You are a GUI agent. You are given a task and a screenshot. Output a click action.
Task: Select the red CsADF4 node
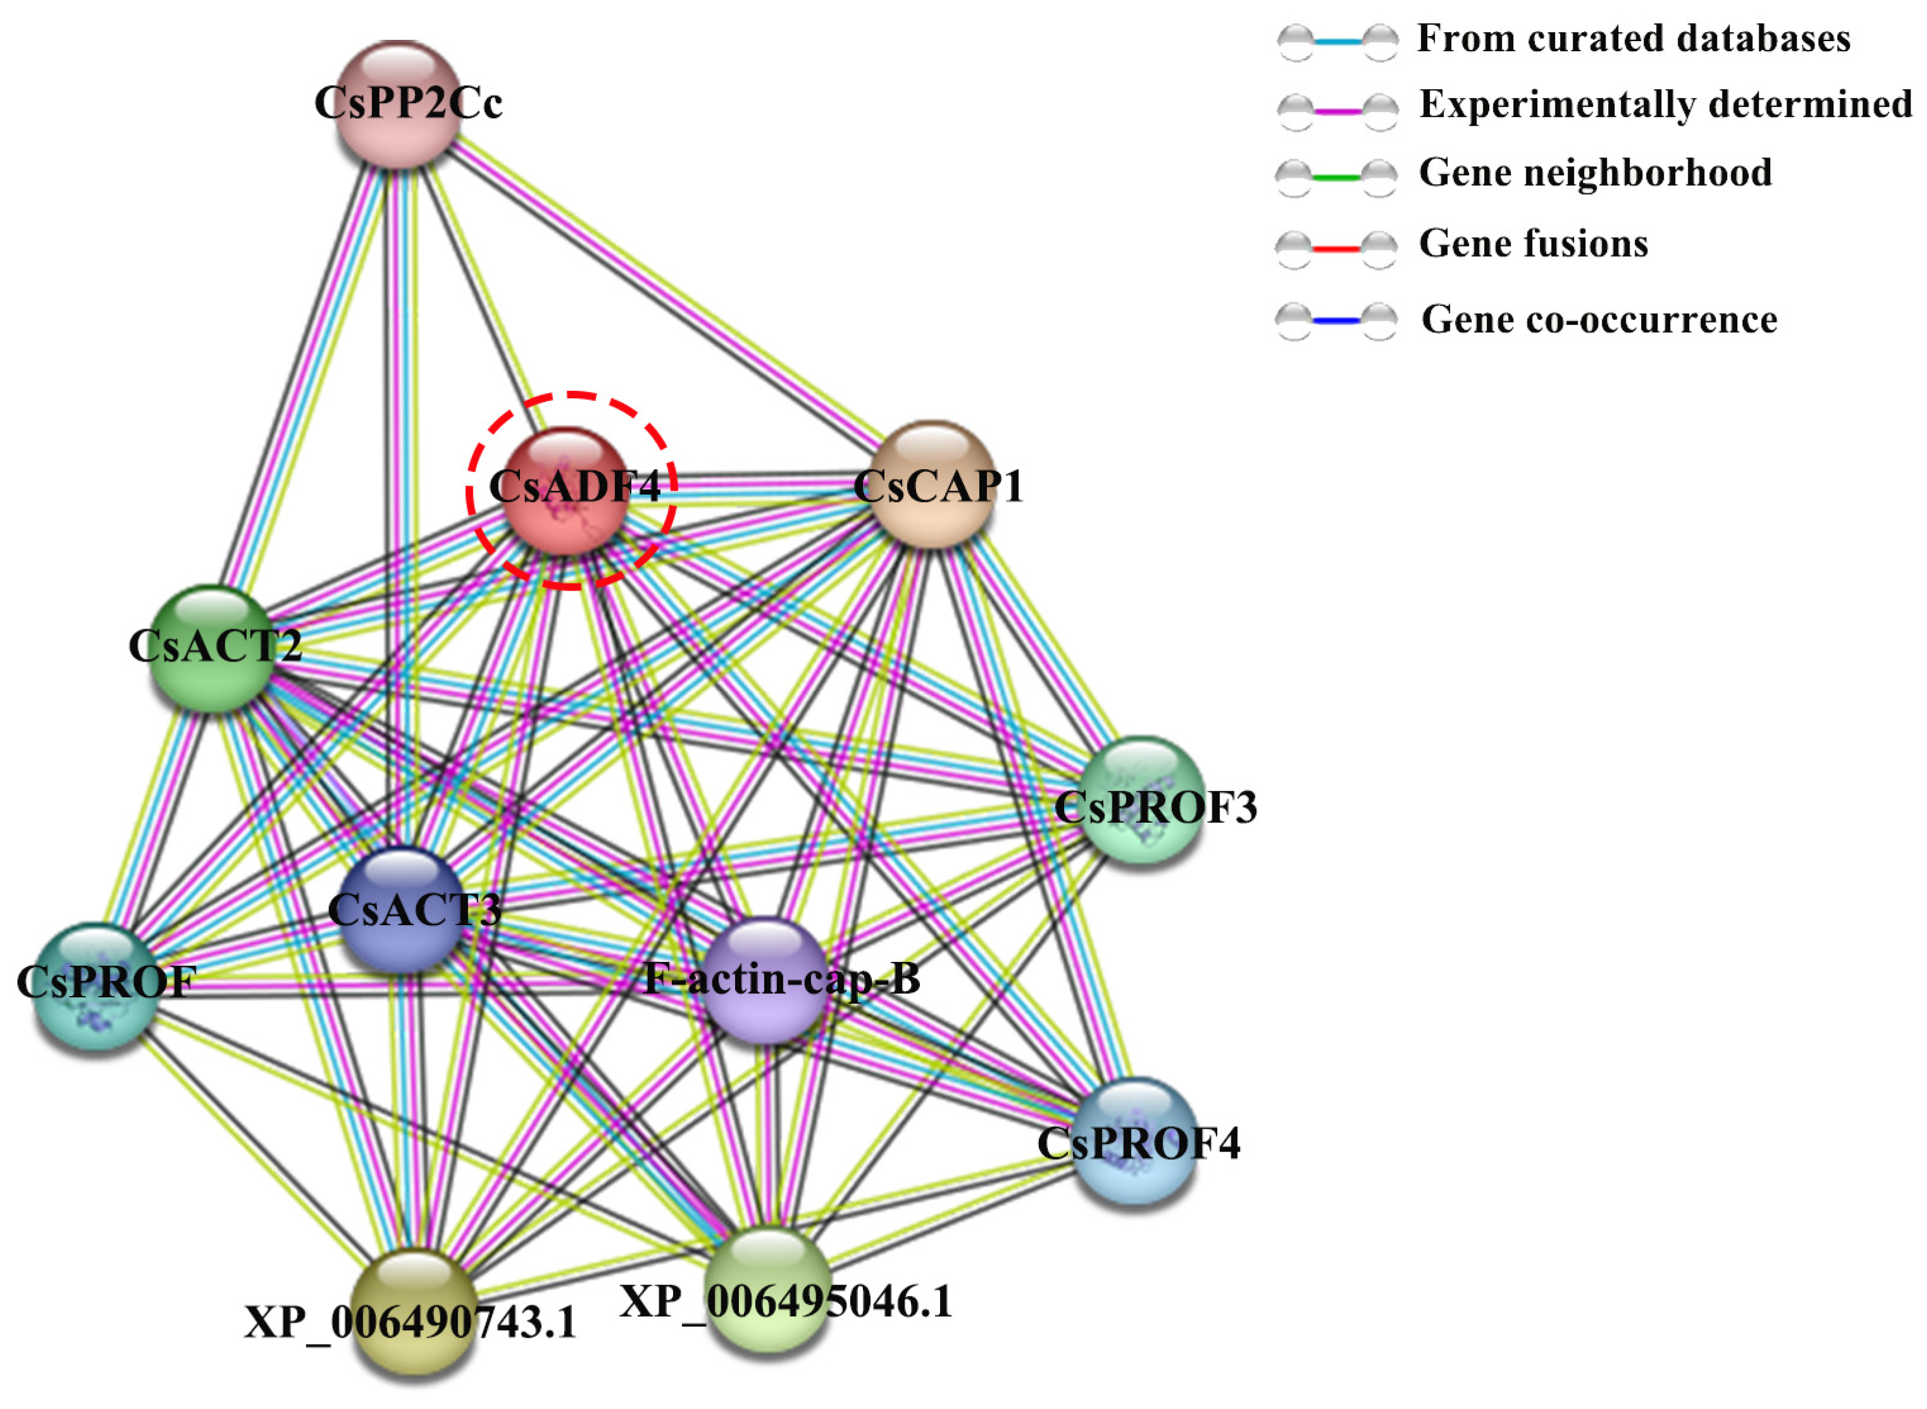(x=565, y=489)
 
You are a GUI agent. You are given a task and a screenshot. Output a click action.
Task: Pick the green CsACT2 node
(x=213, y=648)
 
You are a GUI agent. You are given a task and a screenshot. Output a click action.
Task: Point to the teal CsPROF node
(x=96, y=986)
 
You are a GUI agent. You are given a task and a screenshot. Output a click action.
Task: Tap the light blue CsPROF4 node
(x=1134, y=1140)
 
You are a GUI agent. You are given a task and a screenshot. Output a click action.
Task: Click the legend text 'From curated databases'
(x=1633, y=39)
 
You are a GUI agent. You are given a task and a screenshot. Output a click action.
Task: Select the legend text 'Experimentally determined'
(x=1665, y=105)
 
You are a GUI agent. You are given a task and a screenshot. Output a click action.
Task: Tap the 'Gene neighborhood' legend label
(x=1595, y=173)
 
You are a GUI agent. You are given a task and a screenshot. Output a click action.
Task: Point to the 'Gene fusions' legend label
(x=1533, y=245)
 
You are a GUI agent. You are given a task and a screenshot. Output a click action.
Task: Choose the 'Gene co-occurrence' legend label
(x=1599, y=320)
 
